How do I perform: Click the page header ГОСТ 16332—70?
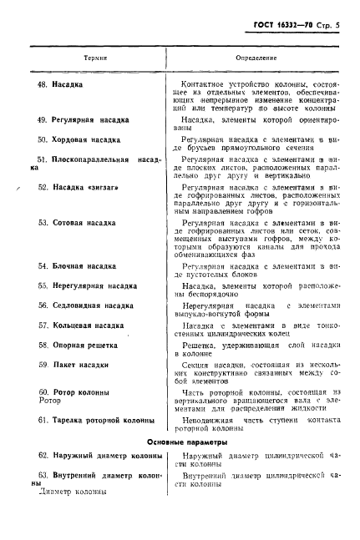tap(281, 27)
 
